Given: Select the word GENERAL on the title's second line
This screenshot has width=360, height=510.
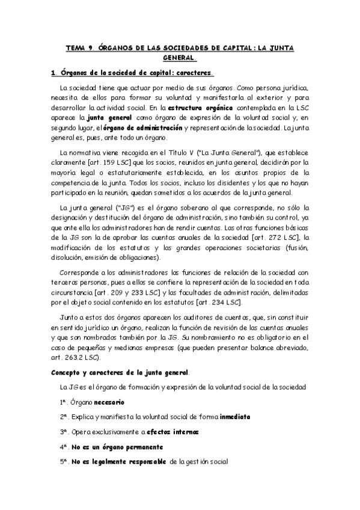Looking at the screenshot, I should coord(179,58).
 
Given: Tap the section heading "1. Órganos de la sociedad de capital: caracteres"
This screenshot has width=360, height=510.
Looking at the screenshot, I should coord(132,75).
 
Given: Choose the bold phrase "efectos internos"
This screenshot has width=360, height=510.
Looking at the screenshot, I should coord(173,432).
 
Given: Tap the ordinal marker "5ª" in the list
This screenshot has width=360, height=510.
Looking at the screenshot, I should coord(64,462).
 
